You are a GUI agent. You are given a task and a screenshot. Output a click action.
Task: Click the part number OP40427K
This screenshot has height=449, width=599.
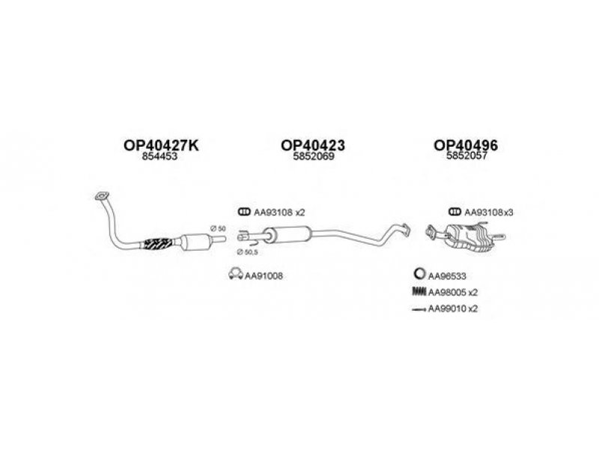point(161,145)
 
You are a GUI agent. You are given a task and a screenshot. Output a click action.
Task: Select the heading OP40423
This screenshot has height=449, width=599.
point(313,145)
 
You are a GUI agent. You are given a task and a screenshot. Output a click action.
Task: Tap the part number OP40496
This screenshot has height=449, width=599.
point(466,145)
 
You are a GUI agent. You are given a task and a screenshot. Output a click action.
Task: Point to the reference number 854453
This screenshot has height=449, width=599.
point(159,156)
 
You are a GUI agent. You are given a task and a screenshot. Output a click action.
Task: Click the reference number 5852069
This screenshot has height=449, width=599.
point(314,156)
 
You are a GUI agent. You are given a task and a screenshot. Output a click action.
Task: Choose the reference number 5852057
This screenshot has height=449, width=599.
point(466,156)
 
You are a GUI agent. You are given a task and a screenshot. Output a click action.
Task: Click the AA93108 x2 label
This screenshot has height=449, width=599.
point(279,213)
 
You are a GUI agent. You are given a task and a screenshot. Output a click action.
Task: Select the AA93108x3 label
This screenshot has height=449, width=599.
point(489,213)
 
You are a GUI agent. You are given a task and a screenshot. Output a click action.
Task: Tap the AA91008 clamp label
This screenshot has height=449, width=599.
point(264,275)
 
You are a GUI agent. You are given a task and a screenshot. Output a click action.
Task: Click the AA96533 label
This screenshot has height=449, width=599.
point(447,275)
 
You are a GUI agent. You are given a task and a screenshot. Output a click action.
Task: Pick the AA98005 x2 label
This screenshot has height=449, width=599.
point(453,293)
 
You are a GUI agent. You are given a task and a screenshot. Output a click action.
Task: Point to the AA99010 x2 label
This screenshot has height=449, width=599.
point(453,308)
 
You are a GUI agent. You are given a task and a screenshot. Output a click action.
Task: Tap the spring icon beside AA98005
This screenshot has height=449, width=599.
point(419,292)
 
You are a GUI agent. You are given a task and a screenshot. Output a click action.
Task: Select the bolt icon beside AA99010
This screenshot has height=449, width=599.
point(419,309)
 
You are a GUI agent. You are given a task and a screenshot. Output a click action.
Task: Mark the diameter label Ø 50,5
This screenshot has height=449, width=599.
point(247,252)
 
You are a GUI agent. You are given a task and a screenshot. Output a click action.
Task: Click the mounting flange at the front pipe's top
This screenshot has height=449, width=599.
point(102,196)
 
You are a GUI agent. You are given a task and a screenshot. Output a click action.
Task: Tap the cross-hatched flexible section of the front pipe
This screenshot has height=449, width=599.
point(157,244)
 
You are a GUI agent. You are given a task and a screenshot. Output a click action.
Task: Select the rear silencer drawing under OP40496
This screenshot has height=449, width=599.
point(465,236)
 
